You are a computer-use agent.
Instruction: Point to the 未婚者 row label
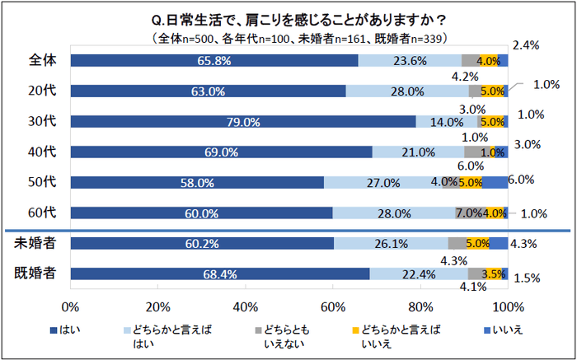pyautogui.click(x=35, y=243)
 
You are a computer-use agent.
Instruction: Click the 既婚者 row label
pyautogui.click(x=35, y=274)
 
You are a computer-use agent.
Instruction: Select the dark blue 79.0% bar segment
pyautogui.click(x=243, y=122)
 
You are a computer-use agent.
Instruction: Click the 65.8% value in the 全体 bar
pyautogui.click(x=213, y=60)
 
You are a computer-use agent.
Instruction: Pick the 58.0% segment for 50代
pyautogui.click(x=197, y=182)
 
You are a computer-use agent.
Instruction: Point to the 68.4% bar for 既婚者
pyautogui.click(x=220, y=274)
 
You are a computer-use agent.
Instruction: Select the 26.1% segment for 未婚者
pyautogui.click(x=391, y=243)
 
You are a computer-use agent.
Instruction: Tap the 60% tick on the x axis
pyautogui.click(x=333, y=307)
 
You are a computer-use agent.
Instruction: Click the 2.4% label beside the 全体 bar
pyautogui.click(x=526, y=44)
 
